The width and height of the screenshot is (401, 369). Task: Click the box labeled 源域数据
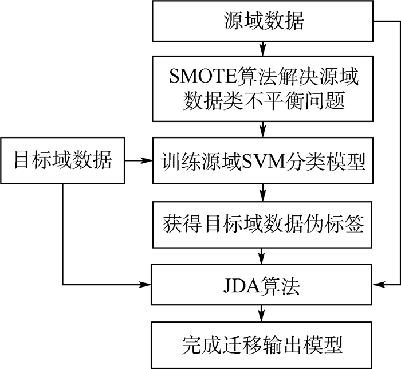(x=263, y=21)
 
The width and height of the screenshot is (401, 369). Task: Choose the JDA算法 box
(x=263, y=284)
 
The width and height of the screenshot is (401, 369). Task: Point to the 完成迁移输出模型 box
(x=263, y=346)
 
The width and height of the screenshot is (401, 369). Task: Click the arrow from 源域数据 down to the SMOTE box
(x=263, y=48)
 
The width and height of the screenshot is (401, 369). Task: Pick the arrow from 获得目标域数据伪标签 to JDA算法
(x=263, y=253)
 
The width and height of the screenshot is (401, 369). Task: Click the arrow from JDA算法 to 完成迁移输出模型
(x=263, y=315)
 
